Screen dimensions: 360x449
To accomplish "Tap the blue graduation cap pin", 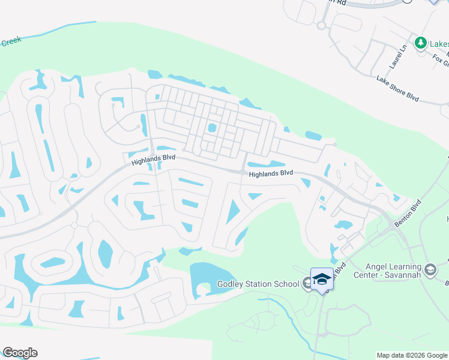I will [322, 279].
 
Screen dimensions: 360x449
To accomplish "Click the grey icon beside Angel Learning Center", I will [430, 270].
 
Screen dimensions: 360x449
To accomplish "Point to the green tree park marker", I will [421, 43].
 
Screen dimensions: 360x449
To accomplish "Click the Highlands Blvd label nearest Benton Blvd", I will [271, 173].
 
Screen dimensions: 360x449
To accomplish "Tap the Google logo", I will [20, 353].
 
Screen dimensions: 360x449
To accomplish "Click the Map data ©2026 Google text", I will [411, 355].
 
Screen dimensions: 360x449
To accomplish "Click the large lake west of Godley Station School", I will [207, 278].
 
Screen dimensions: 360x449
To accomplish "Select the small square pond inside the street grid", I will [211, 128].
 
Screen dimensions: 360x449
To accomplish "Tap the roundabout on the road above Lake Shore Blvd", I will [321, 25].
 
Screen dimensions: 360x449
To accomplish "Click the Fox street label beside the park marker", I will [439, 59].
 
